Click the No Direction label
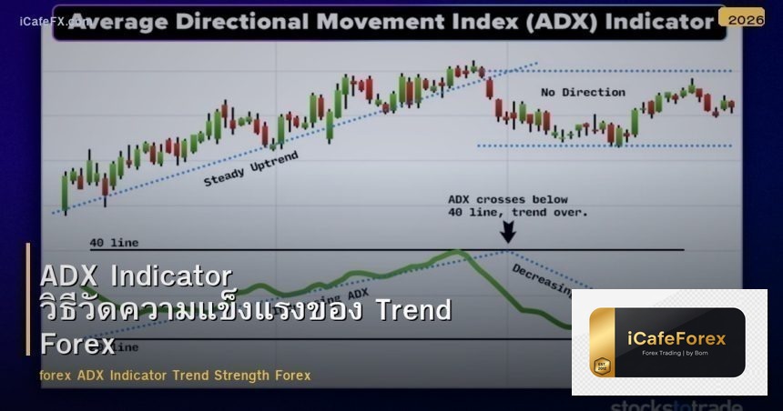(583, 92)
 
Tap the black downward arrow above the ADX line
(507, 232)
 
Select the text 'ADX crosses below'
(507, 199)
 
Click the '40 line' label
(114, 243)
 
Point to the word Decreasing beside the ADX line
(542, 280)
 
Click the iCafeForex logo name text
(676, 338)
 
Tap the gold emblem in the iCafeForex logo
(601, 366)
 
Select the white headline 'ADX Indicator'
(137, 276)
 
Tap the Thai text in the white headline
(200, 310)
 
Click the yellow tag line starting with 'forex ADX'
(175, 375)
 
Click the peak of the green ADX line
(458, 252)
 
